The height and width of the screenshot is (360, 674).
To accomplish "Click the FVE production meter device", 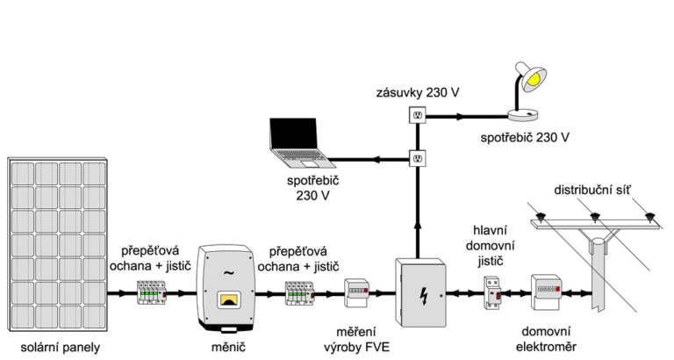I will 357,292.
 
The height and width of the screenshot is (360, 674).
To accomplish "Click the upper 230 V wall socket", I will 418,114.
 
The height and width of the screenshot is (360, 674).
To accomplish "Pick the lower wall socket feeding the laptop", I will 418,159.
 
